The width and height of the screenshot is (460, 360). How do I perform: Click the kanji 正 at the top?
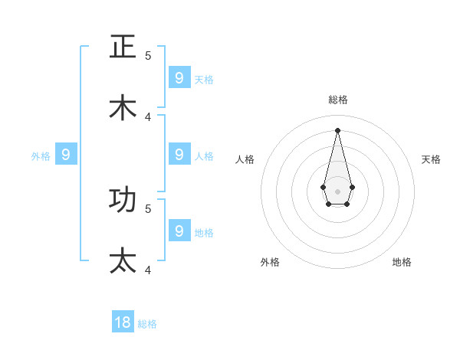(x=123, y=47)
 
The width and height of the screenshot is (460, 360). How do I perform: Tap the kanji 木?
(x=123, y=107)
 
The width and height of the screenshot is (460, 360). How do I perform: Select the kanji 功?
(x=123, y=199)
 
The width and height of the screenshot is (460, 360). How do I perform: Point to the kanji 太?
(x=123, y=260)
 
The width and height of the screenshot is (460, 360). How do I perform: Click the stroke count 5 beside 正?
(x=148, y=55)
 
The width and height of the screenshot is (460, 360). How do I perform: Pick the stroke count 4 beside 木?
(x=148, y=116)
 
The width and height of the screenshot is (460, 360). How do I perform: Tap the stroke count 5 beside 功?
(x=148, y=208)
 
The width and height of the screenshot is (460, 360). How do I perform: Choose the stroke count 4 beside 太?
(x=148, y=270)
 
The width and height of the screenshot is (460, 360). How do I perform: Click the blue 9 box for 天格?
(x=179, y=77)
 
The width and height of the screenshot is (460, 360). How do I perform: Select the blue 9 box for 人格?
(x=179, y=154)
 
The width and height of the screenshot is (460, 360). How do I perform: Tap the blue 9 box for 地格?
(x=179, y=230)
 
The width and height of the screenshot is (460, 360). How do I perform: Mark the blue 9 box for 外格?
(x=66, y=154)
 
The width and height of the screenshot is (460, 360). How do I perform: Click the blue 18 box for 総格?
(x=123, y=322)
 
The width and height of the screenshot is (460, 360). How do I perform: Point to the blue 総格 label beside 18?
(x=147, y=324)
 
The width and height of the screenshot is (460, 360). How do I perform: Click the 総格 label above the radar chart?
(x=338, y=100)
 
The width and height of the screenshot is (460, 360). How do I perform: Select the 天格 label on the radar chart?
(x=431, y=159)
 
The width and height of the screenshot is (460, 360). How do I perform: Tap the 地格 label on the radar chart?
(x=402, y=262)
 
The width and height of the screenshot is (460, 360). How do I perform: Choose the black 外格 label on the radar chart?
(x=270, y=262)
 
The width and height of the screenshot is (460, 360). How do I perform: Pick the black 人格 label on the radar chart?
(x=245, y=159)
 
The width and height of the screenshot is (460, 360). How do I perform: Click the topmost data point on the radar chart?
(x=337, y=130)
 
